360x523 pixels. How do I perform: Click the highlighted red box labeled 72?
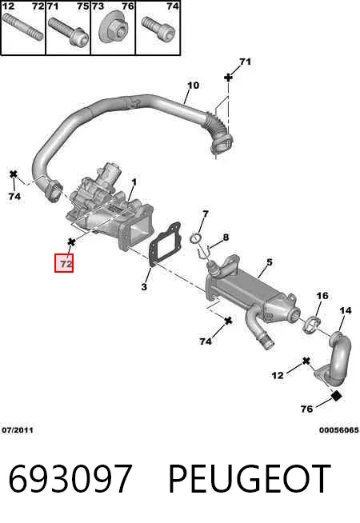tap(64, 264)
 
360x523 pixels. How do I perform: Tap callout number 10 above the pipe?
tap(193, 86)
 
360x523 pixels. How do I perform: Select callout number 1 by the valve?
tap(134, 182)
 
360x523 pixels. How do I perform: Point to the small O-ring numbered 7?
tap(195, 238)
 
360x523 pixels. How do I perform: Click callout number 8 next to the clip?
tap(226, 238)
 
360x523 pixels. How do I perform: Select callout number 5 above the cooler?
tap(270, 262)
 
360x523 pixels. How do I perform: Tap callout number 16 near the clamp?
tap(322, 296)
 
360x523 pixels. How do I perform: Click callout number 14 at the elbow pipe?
tap(346, 310)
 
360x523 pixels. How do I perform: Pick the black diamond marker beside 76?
tap(337, 396)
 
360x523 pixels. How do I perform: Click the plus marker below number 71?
tap(228, 78)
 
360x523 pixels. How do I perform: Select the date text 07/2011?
tap(18, 430)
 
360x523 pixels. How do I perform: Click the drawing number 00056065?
tap(338, 430)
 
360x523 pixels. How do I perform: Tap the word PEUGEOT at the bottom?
tap(250, 479)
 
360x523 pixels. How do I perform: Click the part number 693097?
tap(70, 479)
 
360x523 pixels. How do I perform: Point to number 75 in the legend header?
tap(82, 6)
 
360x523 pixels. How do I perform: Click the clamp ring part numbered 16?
tap(312, 324)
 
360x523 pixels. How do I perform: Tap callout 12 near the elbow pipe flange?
tap(278, 376)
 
